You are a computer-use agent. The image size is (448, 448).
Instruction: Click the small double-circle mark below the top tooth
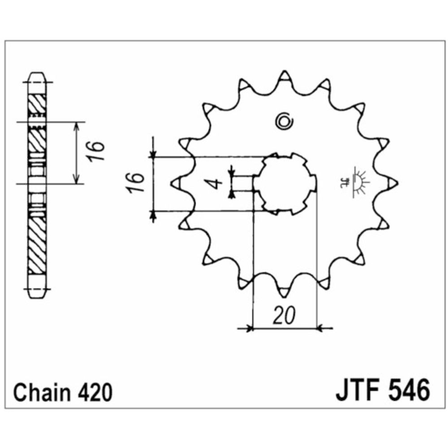pos(284,121)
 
